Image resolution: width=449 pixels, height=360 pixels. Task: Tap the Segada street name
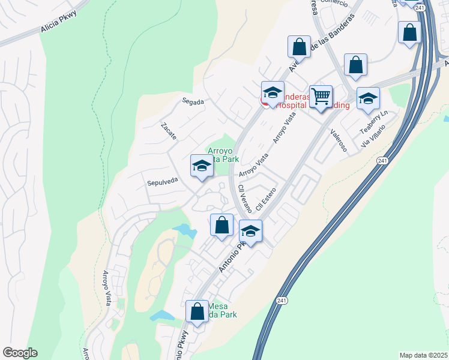(x=194, y=102)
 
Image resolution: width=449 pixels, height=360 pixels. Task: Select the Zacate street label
(x=169, y=131)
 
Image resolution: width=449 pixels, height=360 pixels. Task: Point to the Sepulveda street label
(x=162, y=179)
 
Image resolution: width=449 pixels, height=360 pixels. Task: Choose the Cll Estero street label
(x=265, y=199)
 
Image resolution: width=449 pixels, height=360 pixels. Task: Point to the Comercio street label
(x=334, y=2)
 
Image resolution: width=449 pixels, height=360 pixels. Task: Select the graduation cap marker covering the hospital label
(x=273, y=93)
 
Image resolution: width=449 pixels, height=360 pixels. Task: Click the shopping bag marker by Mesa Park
(x=197, y=311)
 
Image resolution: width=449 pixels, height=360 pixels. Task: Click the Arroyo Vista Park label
(x=223, y=155)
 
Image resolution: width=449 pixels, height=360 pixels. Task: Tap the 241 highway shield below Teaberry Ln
(x=382, y=161)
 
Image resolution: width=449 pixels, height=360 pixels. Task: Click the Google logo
(x=20, y=353)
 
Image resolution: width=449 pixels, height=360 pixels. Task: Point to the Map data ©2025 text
(x=423, y=355)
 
